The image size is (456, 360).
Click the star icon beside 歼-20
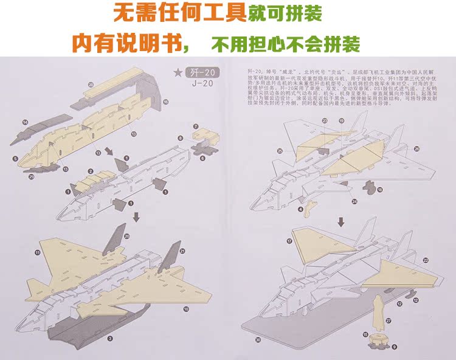(178, 73)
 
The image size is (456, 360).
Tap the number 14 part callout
(25, 122)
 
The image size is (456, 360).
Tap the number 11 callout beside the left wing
(37, 251)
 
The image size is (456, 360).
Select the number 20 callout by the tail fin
(126, 236)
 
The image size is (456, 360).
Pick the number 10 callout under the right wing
(185, 308)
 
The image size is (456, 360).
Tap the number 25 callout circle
(280, 150)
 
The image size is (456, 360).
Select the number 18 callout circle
(379, 190)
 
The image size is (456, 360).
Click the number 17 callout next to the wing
(289, 241)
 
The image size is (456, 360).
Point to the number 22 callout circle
(426, 260)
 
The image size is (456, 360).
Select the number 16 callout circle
(165, 102)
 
